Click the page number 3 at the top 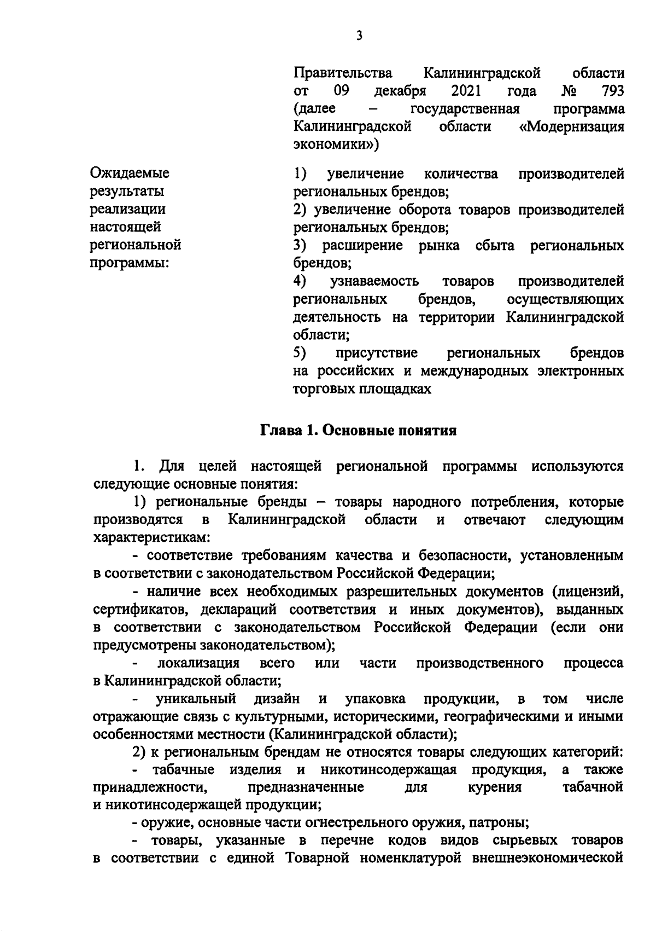(x=359, y=36)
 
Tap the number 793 (x=611, y=90)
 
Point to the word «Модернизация (x=571, y=126)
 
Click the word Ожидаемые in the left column (x=130, y=173)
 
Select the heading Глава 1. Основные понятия (x=358, y=431)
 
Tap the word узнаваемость (x=374, y=281)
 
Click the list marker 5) (x=299, y=353)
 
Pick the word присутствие (x=377, y=353)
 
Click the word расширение (x=362, y=245)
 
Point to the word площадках (x=399, y=389)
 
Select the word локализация (x=198, y=663)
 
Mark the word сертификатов (x=139, y=610)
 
